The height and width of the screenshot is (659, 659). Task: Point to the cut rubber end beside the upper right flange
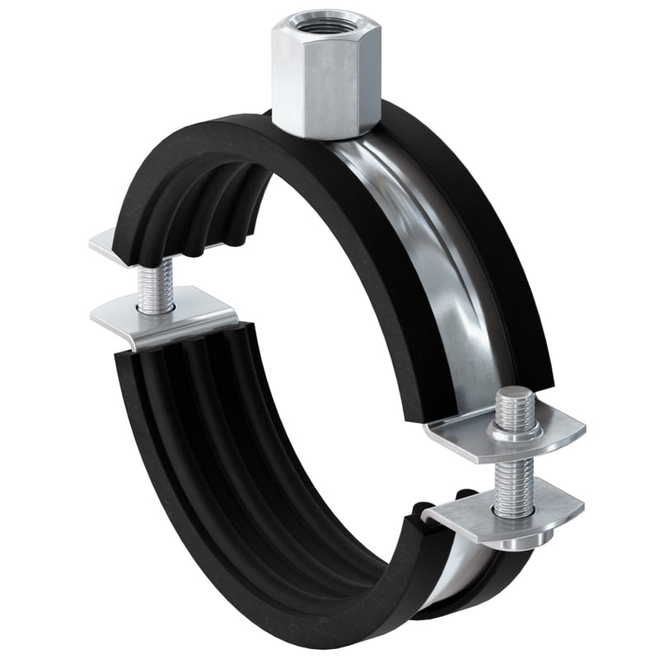pyautogui.click(x=445, y=404)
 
